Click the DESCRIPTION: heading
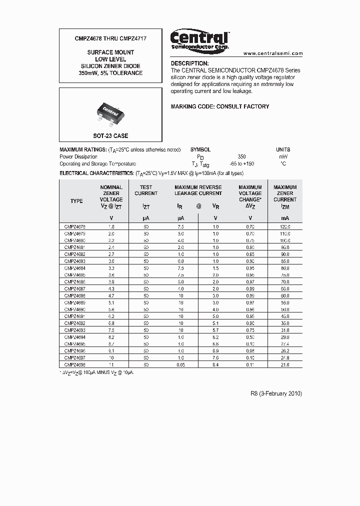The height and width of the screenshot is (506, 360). pos(189,63)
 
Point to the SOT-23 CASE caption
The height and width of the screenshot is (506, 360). pos(110,135)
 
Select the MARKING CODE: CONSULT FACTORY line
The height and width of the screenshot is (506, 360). pos(220,106)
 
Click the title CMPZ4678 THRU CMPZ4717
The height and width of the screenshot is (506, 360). pos(110,38)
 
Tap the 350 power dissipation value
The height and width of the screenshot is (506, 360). pos(242,156)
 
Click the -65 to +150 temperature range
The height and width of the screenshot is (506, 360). pos(242,163)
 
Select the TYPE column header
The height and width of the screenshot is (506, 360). pos(76,201)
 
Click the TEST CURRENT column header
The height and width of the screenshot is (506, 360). pos(146,190)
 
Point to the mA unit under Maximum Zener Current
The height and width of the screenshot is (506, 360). pos(285,218)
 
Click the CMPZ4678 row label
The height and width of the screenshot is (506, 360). pos(75,226)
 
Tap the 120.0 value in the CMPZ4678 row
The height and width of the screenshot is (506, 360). pos(285,226)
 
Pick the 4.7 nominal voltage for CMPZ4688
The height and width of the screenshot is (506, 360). pos(111,296)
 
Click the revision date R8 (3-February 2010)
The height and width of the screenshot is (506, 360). pos(276,393)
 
